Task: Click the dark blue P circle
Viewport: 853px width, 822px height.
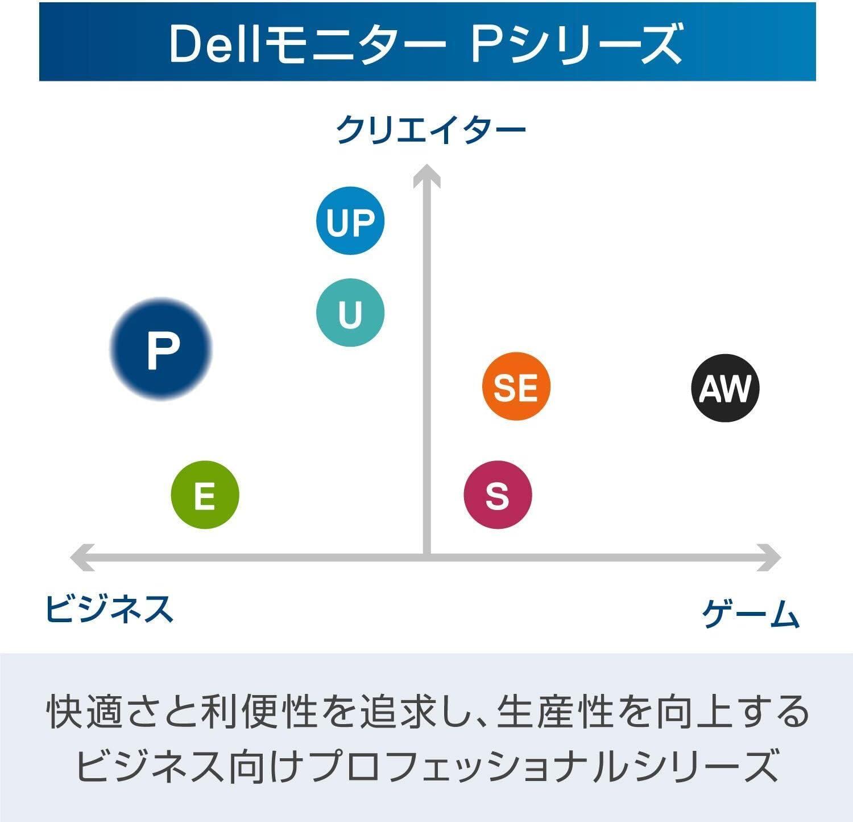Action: (161, 348)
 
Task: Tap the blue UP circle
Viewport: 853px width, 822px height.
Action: (350, 221)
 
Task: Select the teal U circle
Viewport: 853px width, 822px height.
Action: (350, 313)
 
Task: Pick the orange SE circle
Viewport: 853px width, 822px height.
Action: (516, 387)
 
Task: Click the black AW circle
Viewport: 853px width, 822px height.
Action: (725, 388)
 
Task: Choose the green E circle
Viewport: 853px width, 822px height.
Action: (205, 495)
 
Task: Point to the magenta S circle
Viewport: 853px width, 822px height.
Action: (498, 495)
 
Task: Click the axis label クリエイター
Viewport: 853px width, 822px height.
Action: (430, 130)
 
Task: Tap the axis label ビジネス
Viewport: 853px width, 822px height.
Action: (109, 608)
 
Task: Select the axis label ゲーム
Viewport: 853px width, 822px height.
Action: (751, 613)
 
